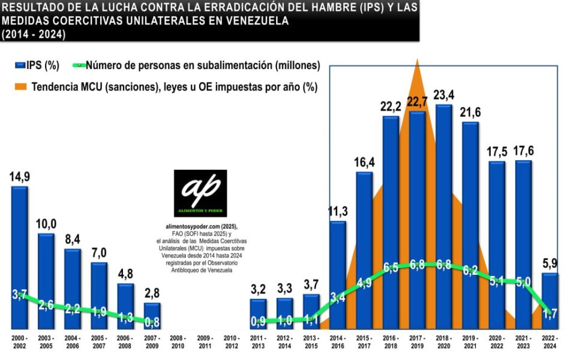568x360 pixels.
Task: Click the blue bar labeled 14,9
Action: point(19,258)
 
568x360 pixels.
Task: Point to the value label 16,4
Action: point(364,163)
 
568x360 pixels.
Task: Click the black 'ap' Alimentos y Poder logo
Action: point(200,193)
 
